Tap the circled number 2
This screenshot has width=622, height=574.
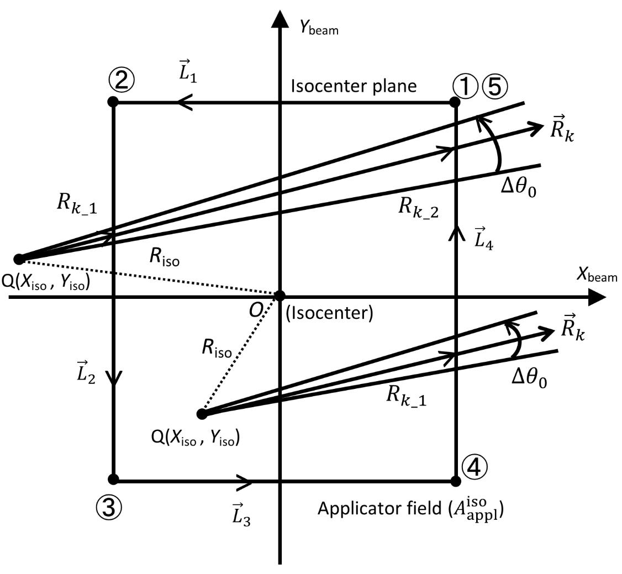[x=122, y=82]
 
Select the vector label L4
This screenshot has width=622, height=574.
[x=483, y=238]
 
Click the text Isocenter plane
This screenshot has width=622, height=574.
[x=354, y=86]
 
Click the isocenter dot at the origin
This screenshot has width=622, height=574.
[x=280, y=296]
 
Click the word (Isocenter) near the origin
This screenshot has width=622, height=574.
[x=329, y=313]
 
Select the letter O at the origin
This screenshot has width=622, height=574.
[x=256, y=310]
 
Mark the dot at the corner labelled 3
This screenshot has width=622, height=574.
[x=114, y=479]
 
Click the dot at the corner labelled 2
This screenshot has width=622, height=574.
[x=113, y=102]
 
